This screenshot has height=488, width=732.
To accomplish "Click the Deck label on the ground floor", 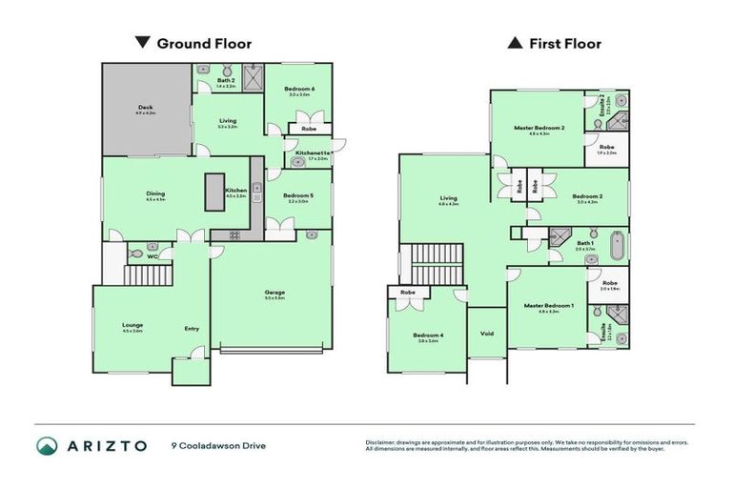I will click(x=145, y=108).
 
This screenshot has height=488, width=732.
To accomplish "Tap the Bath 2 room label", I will click(x=226, y=81).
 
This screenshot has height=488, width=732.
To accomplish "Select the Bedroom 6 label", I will click(x=300, y=89).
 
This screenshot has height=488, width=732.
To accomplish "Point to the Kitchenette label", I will click(x=313, y=152).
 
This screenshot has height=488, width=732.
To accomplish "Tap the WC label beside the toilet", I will click(x=152, y=256).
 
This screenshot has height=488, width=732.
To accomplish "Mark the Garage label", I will click(x=275, y=293).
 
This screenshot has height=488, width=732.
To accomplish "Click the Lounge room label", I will click(x=132, y=325).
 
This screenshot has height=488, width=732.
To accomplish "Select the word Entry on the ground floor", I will click(x=192, y=330).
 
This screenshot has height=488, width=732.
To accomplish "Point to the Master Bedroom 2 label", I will click(x=539, y=128).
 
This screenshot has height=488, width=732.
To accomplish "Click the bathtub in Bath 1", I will click(x=617, y=245).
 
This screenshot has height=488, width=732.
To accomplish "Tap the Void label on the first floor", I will click(x=487, y=334).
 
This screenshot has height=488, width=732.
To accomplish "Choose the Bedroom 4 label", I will click(x=426, y=335).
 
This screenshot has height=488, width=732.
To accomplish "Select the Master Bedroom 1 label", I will click(x=547, y=306).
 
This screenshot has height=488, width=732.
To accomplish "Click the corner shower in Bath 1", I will click(x=558, y=238).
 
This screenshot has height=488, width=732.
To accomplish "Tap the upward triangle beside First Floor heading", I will click(x=515, y=43).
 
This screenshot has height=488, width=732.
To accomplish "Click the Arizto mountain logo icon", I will click(x=47, y=445).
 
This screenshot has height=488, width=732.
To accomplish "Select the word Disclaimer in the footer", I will click(x=381, y=442).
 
